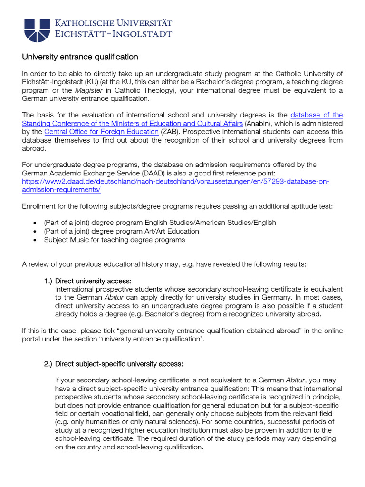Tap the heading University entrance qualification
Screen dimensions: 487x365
point(80,57)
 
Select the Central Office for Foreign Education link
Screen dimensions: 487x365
point(101,132)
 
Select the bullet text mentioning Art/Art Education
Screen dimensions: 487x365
point(121,231)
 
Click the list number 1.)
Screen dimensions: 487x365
point(48,281)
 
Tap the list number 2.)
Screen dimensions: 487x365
point(48,364)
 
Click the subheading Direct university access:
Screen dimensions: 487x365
point(93,281)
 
